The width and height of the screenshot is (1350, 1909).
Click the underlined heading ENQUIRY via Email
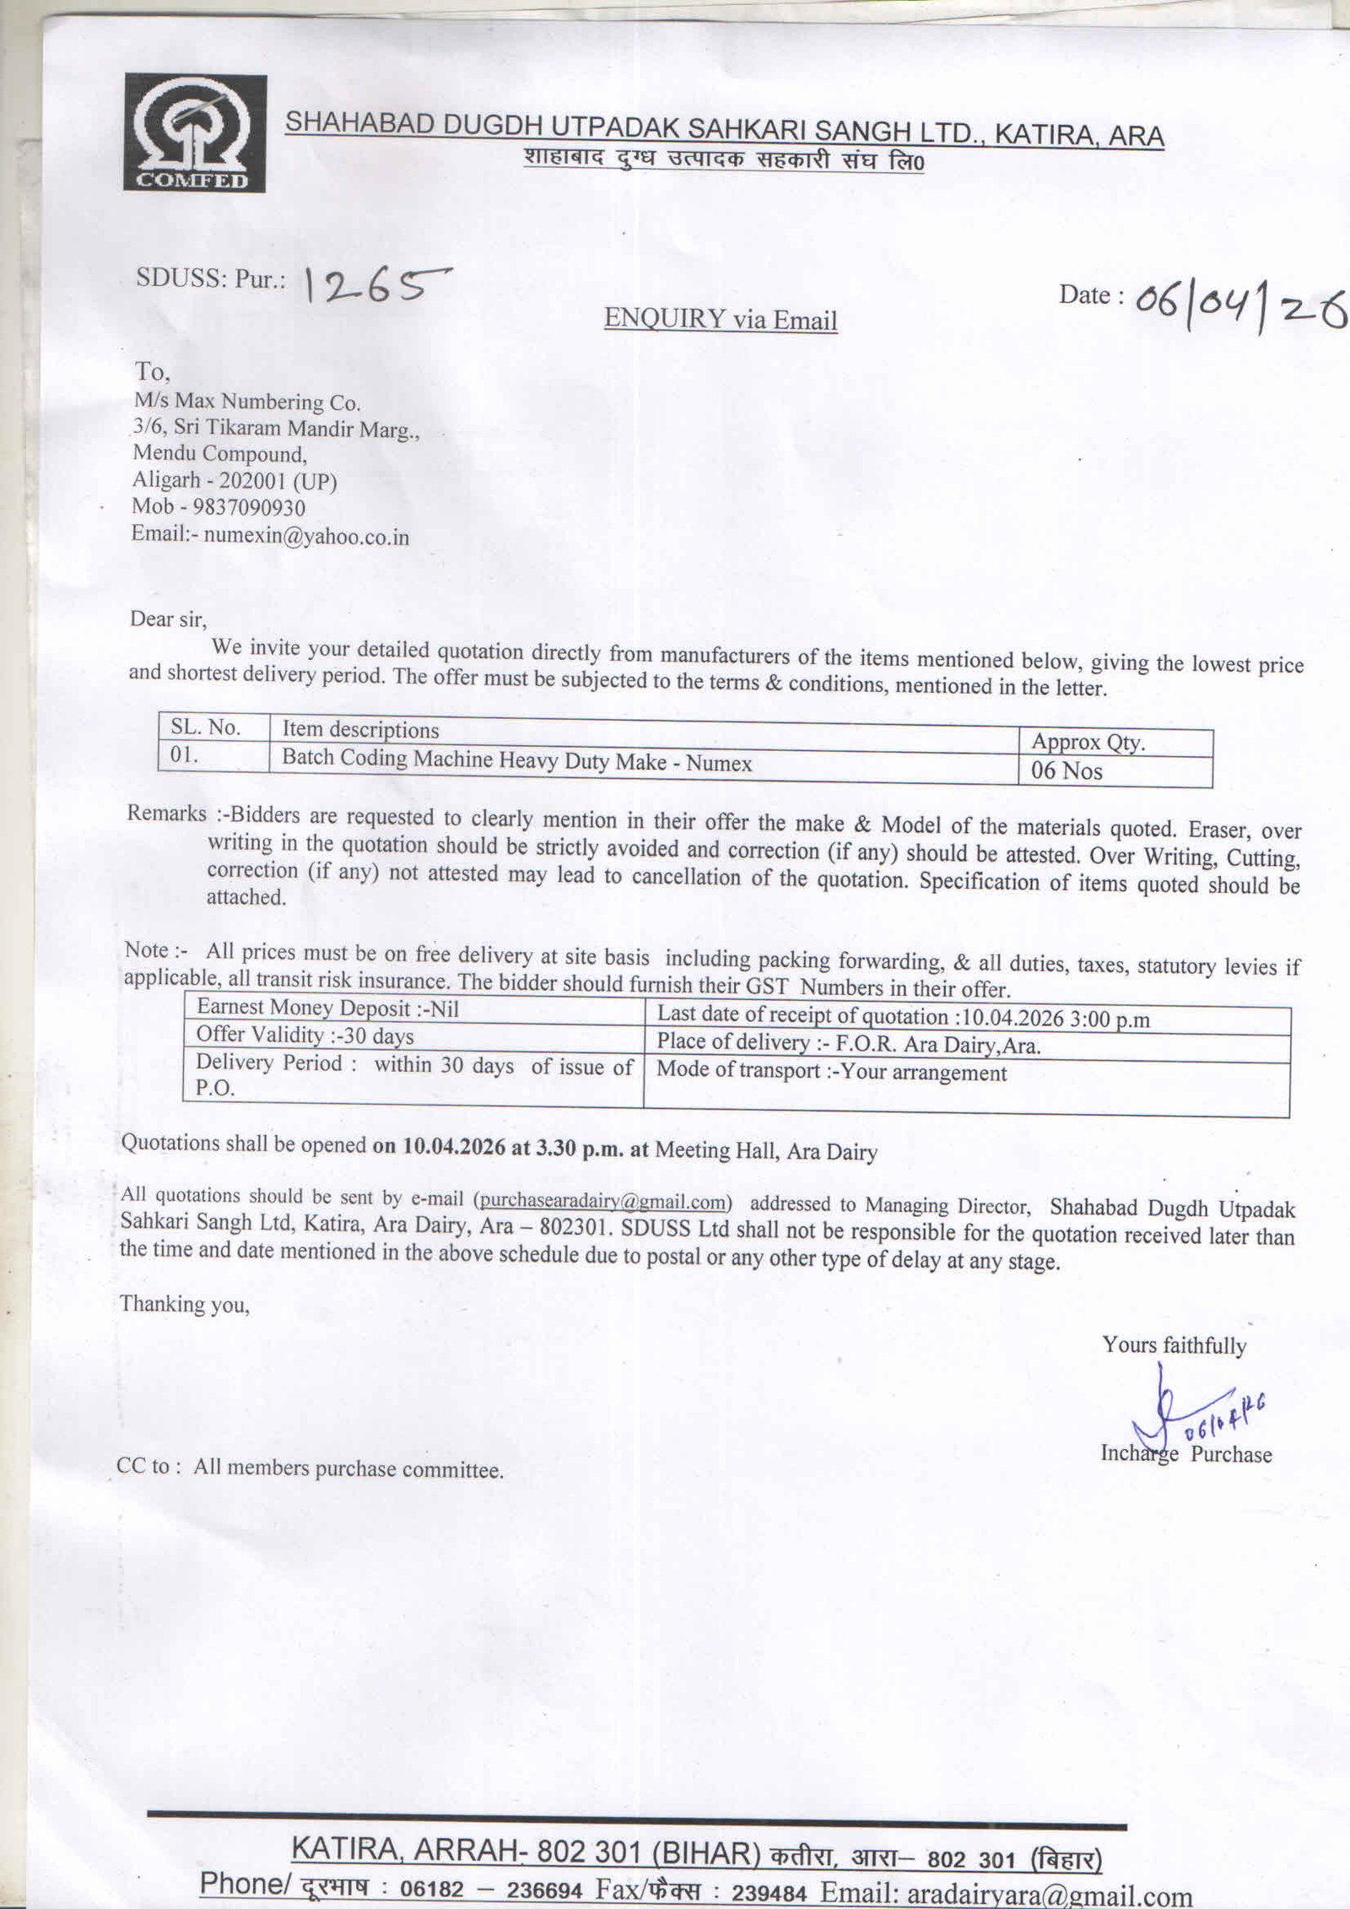[x=721, y=320]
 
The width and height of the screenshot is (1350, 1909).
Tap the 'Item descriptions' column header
[x=360, y=729]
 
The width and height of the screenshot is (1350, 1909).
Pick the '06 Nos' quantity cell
[x=1066, y=771]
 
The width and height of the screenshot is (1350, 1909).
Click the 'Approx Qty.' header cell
[x=1088, y=742]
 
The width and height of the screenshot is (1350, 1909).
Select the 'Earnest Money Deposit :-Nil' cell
[x=327, y=1008]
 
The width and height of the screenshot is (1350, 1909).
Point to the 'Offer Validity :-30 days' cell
[x=305, y=1035]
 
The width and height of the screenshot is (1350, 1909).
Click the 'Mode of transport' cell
[x=831, y=1072]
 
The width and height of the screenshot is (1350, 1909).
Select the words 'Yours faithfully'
[x=1174, y=1345]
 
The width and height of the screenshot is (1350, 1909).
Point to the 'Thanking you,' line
[x=185, y=1304]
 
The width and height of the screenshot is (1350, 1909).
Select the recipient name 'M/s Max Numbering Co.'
[x=246, y=402]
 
